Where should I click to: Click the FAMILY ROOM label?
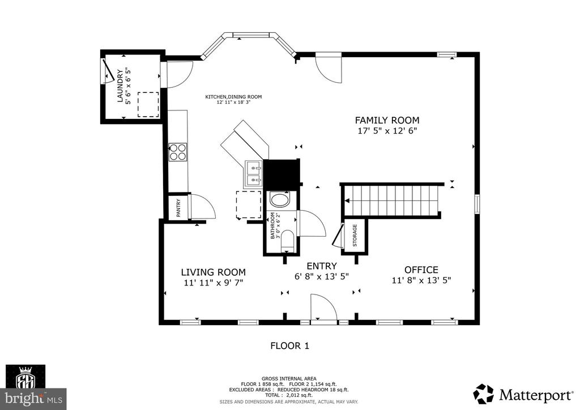[x=387, y=120]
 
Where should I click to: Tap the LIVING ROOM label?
[x=213, y=272]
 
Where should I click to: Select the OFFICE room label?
[x=421, y=270]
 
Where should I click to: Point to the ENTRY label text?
[x=321, y=266]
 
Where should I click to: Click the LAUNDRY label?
[x=120, y=86]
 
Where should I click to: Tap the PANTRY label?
[x=178, y=207]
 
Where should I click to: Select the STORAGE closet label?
[x=355, y=235]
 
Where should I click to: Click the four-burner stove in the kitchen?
[x=178, y=152]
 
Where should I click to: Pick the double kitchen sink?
[x=254, y=174]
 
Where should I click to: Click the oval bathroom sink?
[x=279, y=200]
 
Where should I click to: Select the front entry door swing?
[x=324, y=308]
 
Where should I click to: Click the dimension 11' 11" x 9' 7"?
[x=213, y=283]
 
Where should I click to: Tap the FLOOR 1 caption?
[x=289, y=345]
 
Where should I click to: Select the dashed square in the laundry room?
[x=148, y=104]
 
